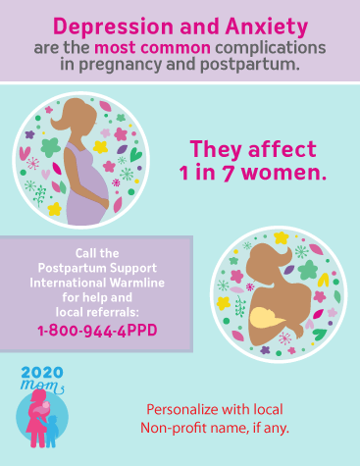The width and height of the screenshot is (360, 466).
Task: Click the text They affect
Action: click(x=252, y=150)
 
